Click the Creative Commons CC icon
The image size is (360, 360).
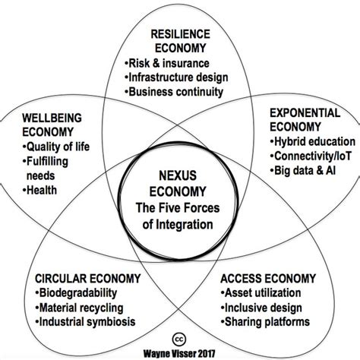coord(179,339)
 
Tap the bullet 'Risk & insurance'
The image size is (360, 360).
coord(167,63)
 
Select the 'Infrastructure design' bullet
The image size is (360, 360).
coord(176,77)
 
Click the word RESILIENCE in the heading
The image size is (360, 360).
coord(181,34)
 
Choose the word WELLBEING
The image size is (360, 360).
coord(52,118)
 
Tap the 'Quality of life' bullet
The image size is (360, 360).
coord(56,147)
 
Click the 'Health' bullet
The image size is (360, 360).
coord(39,190)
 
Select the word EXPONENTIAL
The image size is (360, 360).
coord(305,113)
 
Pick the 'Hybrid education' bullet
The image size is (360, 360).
coord(313,142)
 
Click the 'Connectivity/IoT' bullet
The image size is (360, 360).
coord(311,156)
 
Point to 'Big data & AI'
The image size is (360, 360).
coord(303,171)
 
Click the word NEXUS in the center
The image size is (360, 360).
coord(178,175)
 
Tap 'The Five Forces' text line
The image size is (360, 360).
coord(178,208)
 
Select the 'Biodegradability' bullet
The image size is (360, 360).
coord(76,293)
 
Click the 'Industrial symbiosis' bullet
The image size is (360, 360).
coord(85,322)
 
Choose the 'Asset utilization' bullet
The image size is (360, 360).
coord(261,293)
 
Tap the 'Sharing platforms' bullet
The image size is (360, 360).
coord(265,322)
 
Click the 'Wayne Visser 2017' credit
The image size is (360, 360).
coord(179,353)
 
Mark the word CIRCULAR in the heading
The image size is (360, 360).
coord(61,279)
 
